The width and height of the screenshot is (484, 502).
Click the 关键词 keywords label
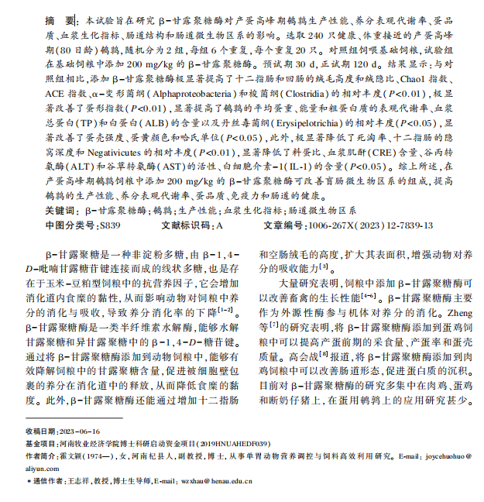[60, 210]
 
